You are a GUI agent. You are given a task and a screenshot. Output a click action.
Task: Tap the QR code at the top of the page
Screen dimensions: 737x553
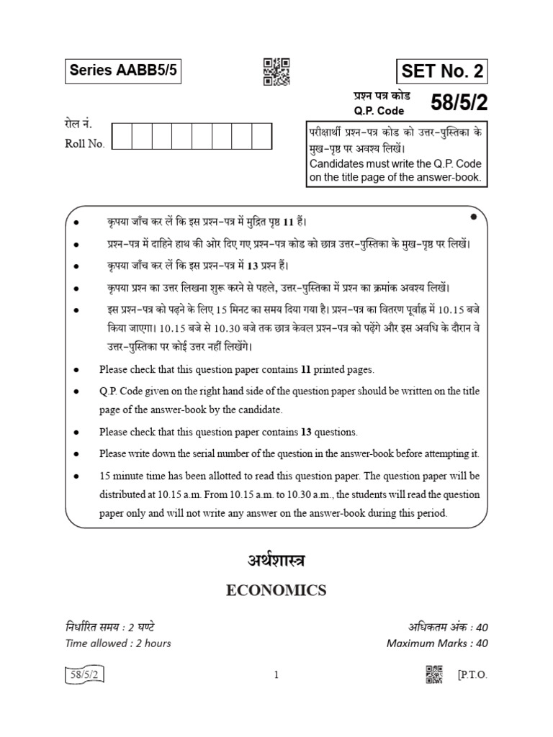(276, 71)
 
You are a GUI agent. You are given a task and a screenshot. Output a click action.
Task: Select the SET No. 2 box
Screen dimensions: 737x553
(442, 71)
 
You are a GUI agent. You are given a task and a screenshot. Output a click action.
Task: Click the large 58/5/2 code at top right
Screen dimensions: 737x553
(459, 103)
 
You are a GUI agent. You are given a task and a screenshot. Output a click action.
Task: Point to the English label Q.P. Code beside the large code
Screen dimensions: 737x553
(378, 111)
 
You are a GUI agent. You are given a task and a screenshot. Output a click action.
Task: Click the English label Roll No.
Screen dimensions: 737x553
(85, 143)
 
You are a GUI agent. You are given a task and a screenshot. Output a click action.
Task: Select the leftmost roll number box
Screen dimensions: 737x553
(122, 135)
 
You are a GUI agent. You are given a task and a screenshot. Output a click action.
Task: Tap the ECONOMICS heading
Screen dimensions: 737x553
(276, 591)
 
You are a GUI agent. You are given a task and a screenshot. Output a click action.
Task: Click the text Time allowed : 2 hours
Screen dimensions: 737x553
(118, 643)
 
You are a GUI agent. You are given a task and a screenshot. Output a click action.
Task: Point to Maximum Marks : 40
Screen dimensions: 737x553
(437, 643)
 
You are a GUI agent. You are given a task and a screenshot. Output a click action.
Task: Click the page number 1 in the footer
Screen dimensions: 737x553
(276, 674)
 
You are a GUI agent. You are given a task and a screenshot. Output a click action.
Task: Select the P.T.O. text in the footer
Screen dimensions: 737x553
(472, 674)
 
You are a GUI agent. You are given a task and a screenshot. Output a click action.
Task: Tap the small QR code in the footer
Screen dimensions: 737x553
(436, 673)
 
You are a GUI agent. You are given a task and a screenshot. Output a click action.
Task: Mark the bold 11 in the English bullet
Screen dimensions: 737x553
(306, 369)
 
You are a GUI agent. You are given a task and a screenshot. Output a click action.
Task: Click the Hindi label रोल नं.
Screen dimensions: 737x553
(78, 125)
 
